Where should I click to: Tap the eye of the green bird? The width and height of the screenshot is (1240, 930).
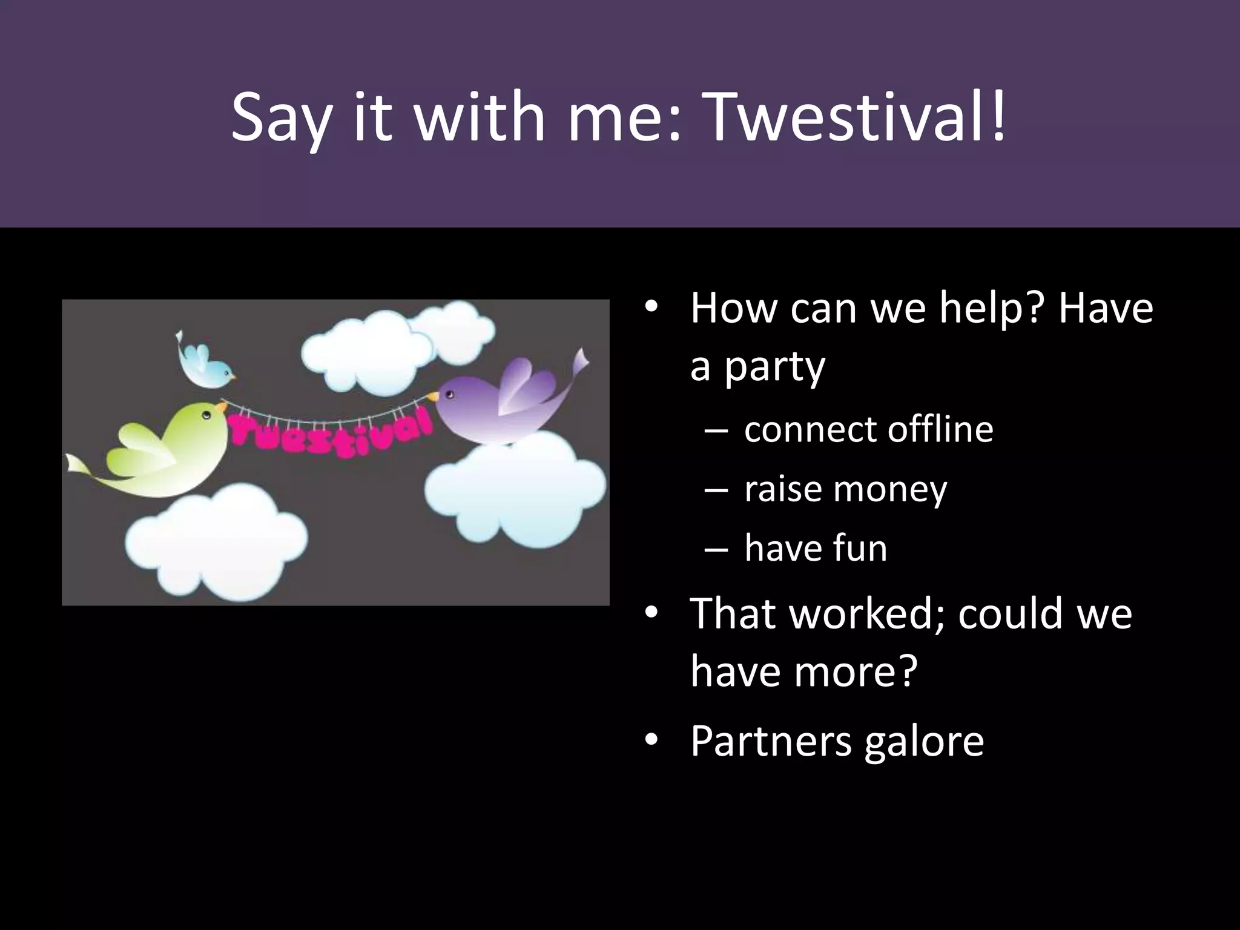(206, 416)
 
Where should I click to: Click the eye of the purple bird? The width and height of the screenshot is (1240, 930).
(449, 395)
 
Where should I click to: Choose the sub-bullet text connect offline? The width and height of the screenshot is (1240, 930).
(868, 429)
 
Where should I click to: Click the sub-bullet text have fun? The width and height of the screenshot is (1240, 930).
(816, 548)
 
